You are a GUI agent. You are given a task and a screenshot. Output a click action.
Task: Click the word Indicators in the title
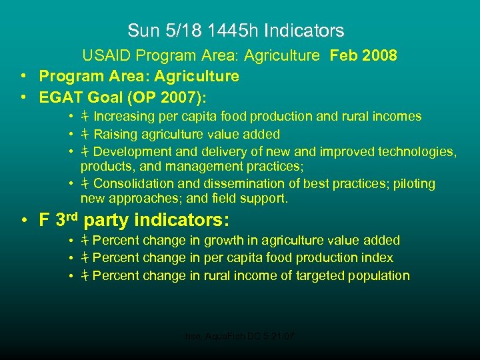click(304, 31)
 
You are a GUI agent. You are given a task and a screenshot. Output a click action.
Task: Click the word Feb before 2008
click(343, 56)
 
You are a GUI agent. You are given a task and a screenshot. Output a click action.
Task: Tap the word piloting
click(413, 183)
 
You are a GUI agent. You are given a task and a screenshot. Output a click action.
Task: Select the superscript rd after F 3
click(73, 215)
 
